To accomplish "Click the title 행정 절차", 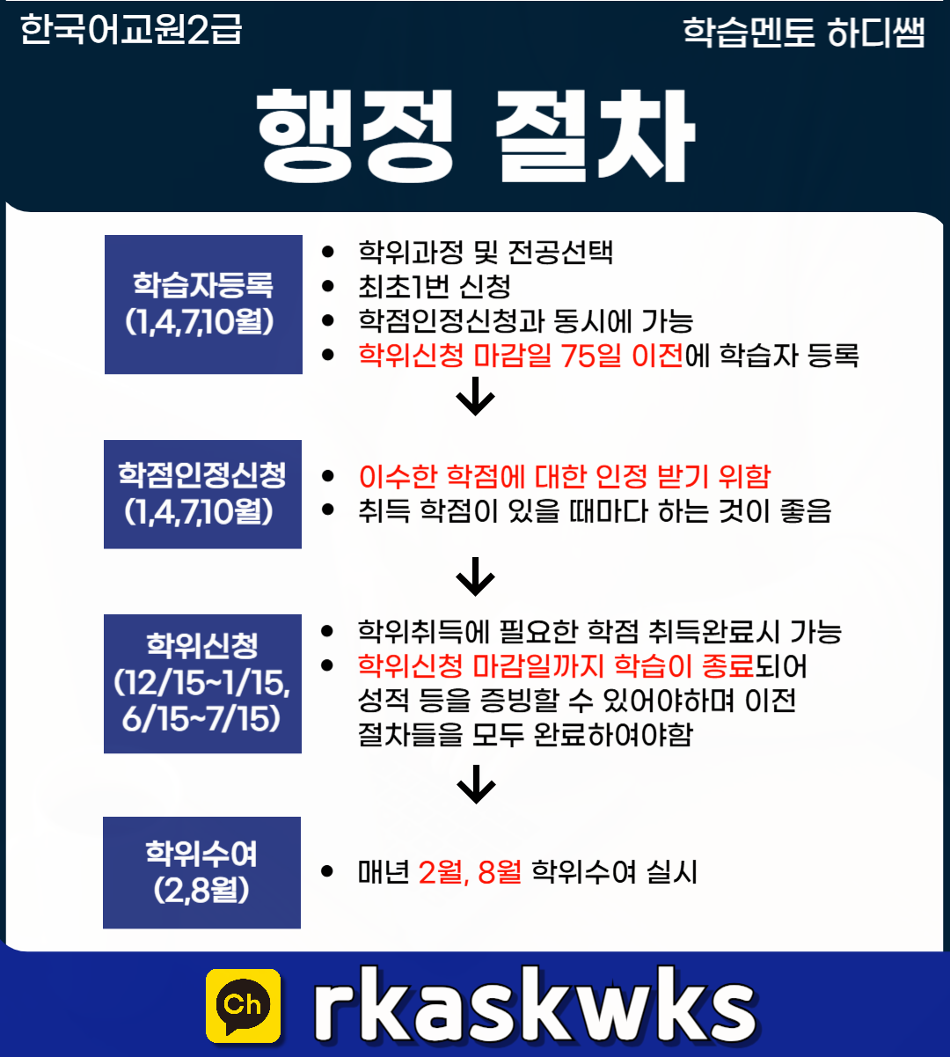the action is (476, 135).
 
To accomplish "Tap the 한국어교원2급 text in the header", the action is (130, 31).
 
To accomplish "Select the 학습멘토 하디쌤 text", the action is (803, 33).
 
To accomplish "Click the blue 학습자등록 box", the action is (203, 305).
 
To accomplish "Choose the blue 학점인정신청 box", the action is (202, 494).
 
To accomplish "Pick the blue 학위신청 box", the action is (202, 683).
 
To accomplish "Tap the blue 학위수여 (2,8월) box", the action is (201, 872).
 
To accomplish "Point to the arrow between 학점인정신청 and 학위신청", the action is (476, 576).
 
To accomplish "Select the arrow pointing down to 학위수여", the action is (476, 783).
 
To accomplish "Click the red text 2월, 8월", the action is (470, 872).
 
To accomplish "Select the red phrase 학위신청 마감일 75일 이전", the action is (520, 356).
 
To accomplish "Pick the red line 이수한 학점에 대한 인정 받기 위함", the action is (564, 477).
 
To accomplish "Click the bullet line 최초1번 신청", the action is (435, 287).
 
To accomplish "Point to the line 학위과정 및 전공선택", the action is (486, 253).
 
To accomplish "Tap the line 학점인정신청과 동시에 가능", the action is (525, 321).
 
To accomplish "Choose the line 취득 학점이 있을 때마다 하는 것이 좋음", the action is (594, 511).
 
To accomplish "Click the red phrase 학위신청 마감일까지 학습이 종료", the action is (556, 666).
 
